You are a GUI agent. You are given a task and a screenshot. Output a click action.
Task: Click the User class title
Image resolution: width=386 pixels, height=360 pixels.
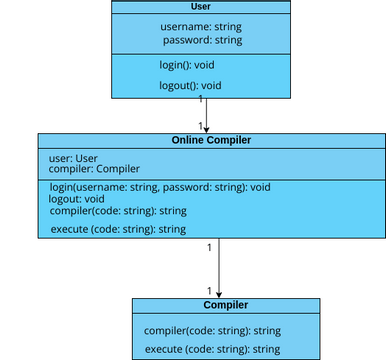tap(199, 7)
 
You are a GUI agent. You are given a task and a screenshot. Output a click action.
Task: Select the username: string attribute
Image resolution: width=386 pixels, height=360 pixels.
tap(200, 26)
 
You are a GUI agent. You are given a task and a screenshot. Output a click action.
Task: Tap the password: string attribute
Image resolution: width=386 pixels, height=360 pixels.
tap(202, 40)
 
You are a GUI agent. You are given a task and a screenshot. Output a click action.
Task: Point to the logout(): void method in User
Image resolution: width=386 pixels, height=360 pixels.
tap(190, 86)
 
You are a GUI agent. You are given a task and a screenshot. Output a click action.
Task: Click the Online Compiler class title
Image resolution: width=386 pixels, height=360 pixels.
tap(211, 141)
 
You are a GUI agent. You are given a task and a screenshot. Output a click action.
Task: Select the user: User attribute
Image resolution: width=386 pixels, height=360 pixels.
tap(73, 158)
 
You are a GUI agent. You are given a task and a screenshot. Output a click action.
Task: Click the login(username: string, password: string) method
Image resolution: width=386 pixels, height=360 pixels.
tap(160, 187)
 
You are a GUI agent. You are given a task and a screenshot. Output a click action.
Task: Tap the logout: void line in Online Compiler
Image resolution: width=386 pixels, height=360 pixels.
tap(76, 199)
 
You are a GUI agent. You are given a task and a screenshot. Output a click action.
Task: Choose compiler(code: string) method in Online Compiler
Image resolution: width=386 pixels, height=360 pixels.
tap(118, 211)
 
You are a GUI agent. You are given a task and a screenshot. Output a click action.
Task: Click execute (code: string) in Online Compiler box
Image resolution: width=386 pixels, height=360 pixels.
tap(118, 230)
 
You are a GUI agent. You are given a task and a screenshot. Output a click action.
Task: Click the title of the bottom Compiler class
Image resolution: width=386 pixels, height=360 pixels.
tap(225, 305)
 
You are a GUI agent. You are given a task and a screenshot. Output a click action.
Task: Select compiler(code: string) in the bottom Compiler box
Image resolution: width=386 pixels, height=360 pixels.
tap(212, 330)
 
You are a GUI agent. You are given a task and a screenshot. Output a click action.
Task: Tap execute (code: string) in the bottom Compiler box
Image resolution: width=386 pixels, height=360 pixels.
tap(212, 349)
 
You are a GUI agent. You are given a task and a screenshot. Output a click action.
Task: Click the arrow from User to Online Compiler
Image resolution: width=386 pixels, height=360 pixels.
tap(206, 115)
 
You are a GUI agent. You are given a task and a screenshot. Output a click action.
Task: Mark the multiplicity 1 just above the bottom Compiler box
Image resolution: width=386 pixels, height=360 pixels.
tap(209, 290)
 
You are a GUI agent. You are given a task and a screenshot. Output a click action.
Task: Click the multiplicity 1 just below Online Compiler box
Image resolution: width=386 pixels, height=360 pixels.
tap(209, 246)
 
